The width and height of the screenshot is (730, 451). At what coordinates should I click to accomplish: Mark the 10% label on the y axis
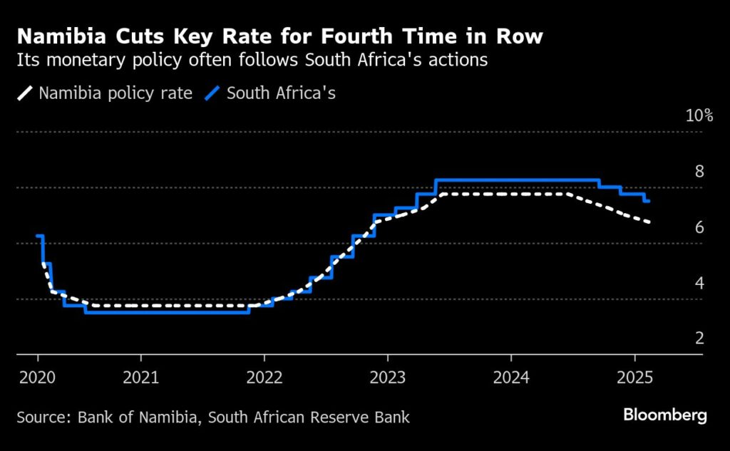point(699,115)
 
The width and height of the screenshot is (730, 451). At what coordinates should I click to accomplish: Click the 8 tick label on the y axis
point(699,171)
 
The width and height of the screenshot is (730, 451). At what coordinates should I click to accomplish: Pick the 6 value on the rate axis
point(699,227)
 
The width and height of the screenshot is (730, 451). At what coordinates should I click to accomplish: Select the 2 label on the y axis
point(699,338)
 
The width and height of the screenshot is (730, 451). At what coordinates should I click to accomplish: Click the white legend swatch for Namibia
point(26,93)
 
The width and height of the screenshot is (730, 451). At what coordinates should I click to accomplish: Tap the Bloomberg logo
point(664,415)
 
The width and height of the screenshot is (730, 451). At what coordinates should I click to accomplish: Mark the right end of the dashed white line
point(649,222)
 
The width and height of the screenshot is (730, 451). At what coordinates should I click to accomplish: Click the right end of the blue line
point(649,201)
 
